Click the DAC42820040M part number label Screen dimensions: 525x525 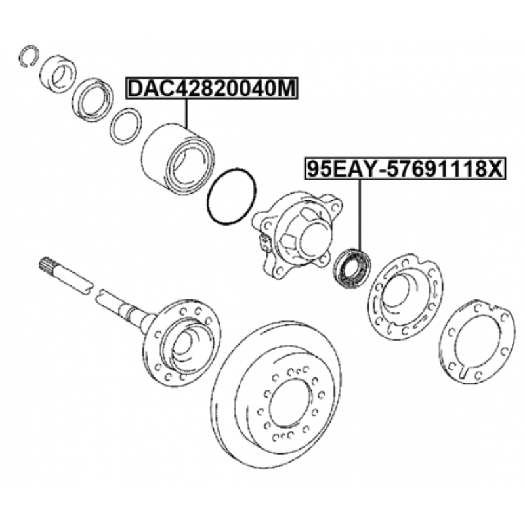[211, 88]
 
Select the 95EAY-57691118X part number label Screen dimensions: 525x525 [406, 169]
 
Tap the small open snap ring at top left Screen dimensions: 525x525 [28, 55]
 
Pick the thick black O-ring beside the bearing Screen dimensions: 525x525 [232, 196]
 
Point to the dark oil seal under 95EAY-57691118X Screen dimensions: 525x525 [352, 267]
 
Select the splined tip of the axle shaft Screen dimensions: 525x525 [47, 263]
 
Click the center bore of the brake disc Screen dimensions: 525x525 [291, 403]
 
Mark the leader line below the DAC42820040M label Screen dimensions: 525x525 [186, 114]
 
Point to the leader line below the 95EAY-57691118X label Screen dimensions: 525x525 [360, 215]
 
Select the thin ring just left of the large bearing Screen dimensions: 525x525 [125, 125]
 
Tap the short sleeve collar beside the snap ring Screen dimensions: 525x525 [58, 74]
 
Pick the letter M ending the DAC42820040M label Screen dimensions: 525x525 [287, 89]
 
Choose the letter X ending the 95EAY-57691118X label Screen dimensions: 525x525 [495, 169]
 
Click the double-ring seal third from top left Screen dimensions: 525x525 [93, 100]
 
